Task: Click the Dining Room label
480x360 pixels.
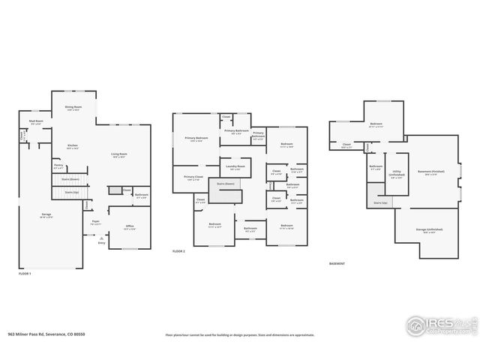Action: click(x=73, y=108)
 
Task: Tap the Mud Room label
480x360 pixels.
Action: click(x=36, y=122)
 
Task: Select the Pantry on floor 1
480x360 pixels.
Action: click(x=58, y=167)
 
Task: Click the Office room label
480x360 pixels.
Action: click(x=128, y=227)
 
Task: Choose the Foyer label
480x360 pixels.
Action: click(x=96, y=223)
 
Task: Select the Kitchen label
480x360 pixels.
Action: click(x=73, y=147)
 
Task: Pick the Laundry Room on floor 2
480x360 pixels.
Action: click(x=235, y=167)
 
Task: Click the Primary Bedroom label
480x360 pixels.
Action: click(x=196, y=139)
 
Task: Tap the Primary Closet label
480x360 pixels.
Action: click(x=193, y=178)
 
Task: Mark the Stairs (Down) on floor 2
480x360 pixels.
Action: click(x=226, y=183)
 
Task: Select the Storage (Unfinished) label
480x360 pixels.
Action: click(x=428, y=230)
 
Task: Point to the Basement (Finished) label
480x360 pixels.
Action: click(x=434, y=173)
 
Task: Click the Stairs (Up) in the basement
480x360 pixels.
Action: click(x=380, y=202)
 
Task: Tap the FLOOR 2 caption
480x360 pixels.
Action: click(x=178, y=251)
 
